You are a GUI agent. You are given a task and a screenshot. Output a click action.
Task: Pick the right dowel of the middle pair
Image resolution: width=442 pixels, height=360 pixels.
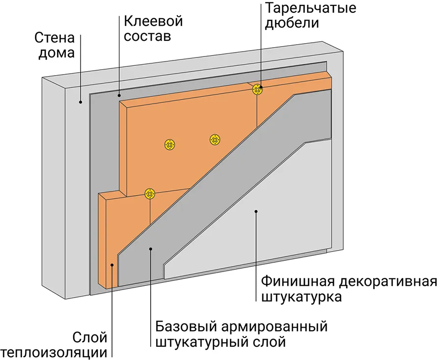215,140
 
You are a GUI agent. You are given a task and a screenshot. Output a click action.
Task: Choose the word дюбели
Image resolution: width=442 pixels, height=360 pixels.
292,23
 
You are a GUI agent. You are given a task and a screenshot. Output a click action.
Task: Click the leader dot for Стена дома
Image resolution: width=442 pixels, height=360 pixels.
81,102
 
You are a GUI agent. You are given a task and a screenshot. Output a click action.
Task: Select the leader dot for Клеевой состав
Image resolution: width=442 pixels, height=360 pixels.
119,93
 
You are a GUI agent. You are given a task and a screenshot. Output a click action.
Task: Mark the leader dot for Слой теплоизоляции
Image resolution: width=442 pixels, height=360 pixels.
112,266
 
